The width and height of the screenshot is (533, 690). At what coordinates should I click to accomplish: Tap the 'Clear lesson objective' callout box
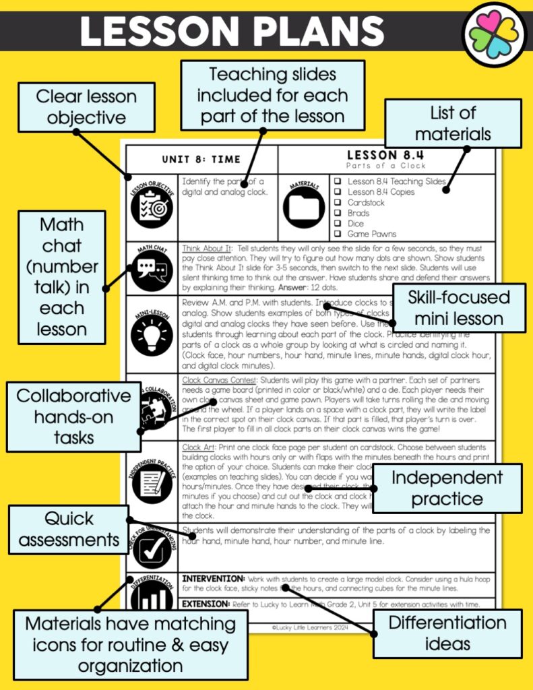(x=86, y=107)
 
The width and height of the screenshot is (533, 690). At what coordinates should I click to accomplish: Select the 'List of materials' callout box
(x=453, y=123)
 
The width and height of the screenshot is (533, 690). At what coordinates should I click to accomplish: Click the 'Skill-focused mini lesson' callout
(x=458, y=308)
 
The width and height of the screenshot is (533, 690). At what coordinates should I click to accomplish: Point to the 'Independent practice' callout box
(x=447, y=488)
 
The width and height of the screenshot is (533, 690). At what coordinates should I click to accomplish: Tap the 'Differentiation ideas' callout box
(x=447, y=633)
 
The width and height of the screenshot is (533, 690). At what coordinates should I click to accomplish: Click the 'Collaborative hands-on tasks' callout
(x=73, y=416)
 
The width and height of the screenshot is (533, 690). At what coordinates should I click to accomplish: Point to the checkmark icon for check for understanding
(x=152, y=549)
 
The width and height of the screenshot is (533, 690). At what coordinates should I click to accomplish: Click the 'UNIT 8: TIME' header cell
(x=201, y=160)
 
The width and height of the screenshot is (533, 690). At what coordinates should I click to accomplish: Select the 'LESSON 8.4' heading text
(x=386, y=155)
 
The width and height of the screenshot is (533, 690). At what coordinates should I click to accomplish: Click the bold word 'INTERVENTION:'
(x=214, y=579)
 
